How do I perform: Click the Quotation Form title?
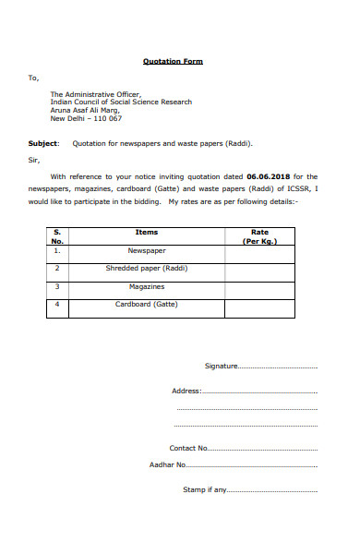[x=173, y=62]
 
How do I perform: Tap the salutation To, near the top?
[x=34, y=78]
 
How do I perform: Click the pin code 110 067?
[x=103, y=118]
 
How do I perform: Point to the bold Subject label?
[x=43, y=143]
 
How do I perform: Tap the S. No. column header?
[x=56, y=235]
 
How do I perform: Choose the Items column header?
[x=146, y=232]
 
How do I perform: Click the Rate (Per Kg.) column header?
[x=259, y=235]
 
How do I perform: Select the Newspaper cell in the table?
[x=146, y=249]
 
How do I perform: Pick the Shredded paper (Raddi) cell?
[x=146, y=268]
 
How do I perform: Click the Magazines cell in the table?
[x=146, y=286]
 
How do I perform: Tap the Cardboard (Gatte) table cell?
[x=146, y=304]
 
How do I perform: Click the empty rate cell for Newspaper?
[x=259, y=251]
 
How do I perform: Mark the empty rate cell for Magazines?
[x=259, y=288]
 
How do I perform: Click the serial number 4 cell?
[x=57, y=305]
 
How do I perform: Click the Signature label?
[x=221, y=367]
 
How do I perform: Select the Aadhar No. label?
[x=168, y=465]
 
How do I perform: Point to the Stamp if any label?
[x=204, y=489]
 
